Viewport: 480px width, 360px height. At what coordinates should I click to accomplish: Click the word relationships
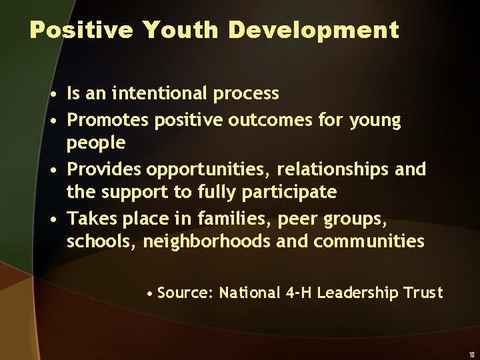point(331,170)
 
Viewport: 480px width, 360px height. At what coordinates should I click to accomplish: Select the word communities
point(369,241)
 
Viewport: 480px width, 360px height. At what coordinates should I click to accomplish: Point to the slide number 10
point(471,355)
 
